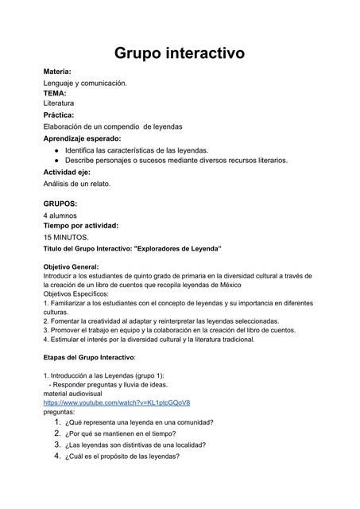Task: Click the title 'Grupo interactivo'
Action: pyautogui.click(x=180, y=53)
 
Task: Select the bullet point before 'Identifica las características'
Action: pyautogui.click(x=57, y=150)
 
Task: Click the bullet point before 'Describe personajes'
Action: pyautogui.click(x=57, y=160)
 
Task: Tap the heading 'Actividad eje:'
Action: pyautogui.click(x=67, y=172)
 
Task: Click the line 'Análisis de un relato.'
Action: pyautogui.click(x=76, y=184)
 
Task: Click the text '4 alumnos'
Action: pyautogui.click(x=60, y=215)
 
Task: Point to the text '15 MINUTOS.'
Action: pyautogui.click(x=66, y=237)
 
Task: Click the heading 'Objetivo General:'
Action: pyautogui.click(x=71, y=267)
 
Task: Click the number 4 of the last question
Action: pyautogui.click(x=57, y=457)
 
